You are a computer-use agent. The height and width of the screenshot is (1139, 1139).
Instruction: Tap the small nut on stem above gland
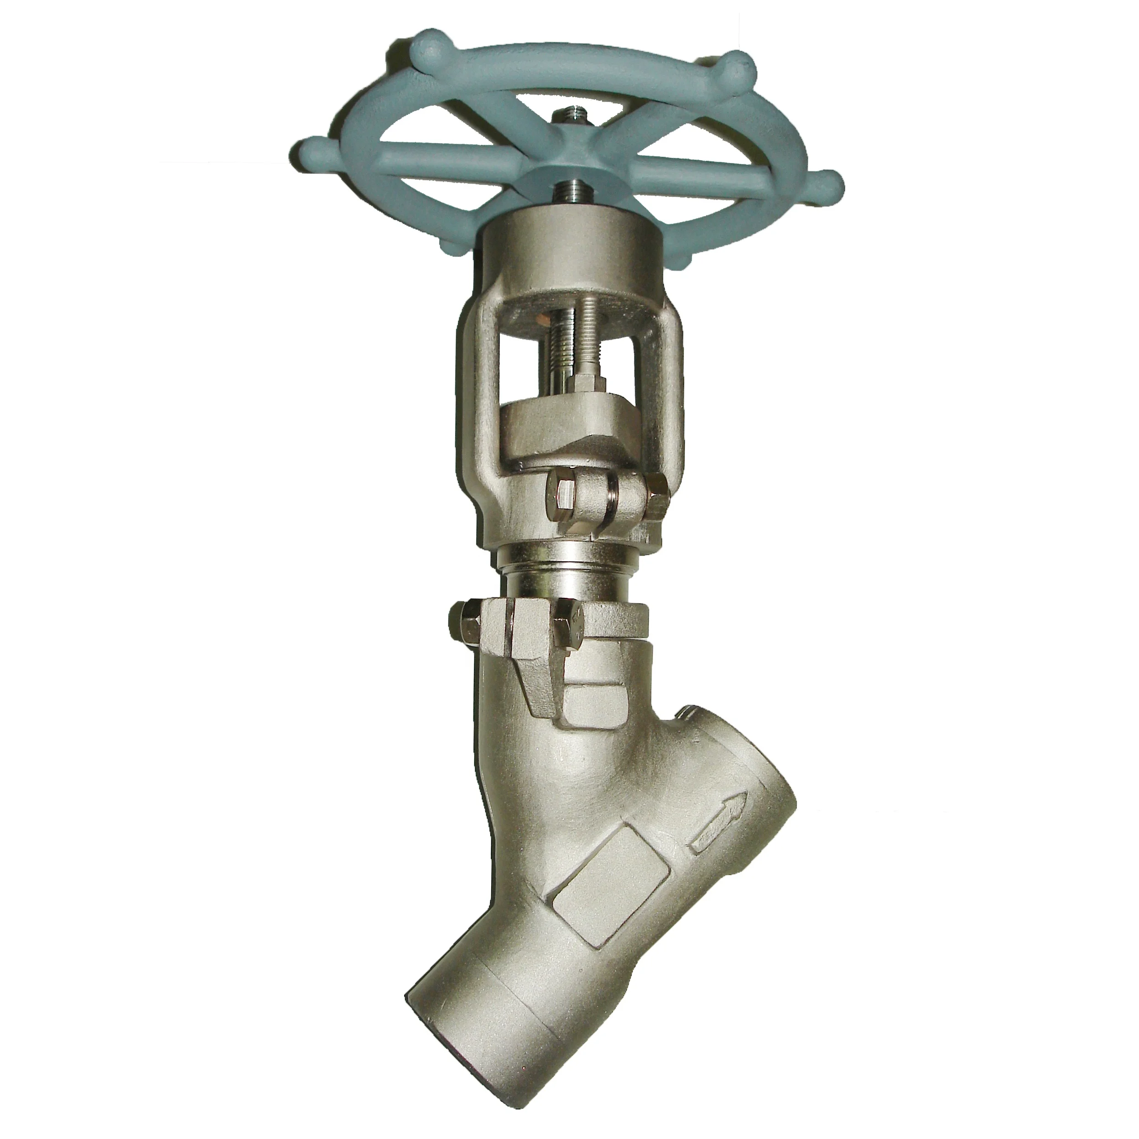(x=584, y=382)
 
